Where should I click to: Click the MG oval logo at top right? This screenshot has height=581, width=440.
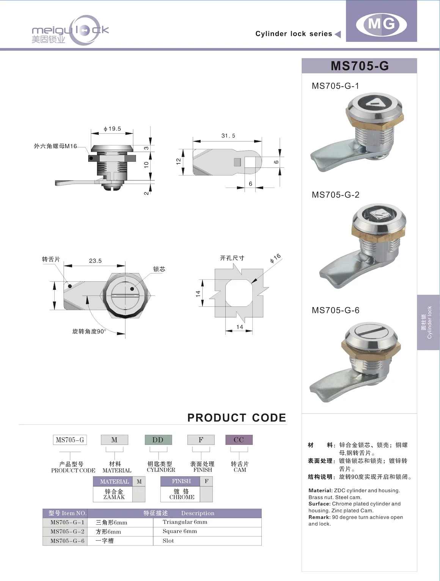click(x=381, y=24)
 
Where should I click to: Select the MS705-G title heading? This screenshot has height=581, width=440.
click(x=359, y=66)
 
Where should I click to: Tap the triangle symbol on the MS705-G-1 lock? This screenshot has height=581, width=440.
click(x=375, y=102)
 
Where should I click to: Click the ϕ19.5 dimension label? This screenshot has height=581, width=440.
click(x=112, y=129)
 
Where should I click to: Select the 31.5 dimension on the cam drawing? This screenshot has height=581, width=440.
click(x=228, y=136)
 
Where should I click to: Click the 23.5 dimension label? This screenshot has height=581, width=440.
click(x=95, y=261)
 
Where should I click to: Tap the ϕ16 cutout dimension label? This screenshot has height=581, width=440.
click(x=275, y=258)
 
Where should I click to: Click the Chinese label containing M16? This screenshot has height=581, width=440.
click(x=55, y=146)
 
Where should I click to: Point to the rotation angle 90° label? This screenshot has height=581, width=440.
click(x=89, y=331)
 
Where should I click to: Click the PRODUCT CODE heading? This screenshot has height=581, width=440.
click(x=237, y=418)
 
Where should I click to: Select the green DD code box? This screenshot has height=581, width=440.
click(x=158, y=440)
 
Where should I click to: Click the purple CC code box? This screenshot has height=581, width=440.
click(x=239, y=440)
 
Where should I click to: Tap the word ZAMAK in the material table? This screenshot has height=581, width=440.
click(x=114, y=497)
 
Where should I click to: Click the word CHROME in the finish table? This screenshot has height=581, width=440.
click(x=182, y=497)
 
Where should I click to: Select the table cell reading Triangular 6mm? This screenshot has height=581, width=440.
click(x=185, y=522)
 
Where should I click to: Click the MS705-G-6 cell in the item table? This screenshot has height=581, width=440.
click(x=67, y=541)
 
